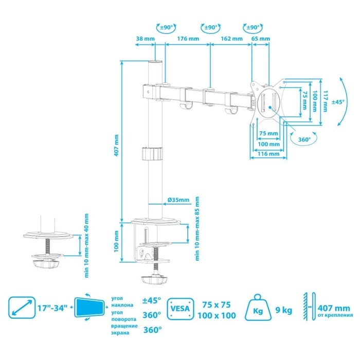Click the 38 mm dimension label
pos(144,39)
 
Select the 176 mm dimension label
pos(188,39)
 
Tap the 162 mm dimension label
pos(231,39)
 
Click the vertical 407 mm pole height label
pos(117,145)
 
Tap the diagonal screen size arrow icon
pos(22,309)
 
